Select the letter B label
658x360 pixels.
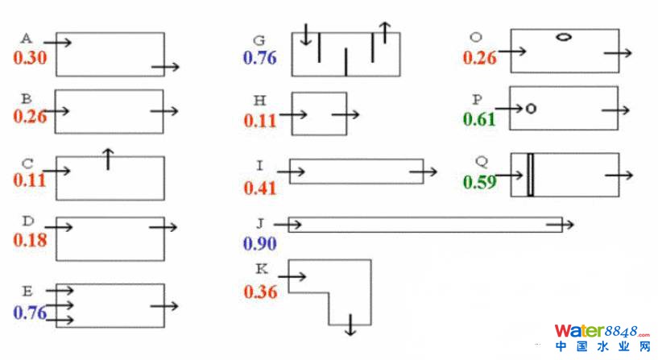(27, 98)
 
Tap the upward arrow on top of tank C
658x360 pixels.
(108, 159)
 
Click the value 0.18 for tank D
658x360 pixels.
(29, 240)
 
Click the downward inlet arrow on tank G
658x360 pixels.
(305, 35)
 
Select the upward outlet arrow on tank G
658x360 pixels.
(384, 32)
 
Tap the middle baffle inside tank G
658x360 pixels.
(346, 62)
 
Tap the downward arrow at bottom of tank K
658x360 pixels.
(350, 325)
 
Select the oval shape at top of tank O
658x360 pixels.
(564, 36)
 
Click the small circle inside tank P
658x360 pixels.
(530, 108)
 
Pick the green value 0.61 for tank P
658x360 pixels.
(479, 120)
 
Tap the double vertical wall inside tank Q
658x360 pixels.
(530, 174)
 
